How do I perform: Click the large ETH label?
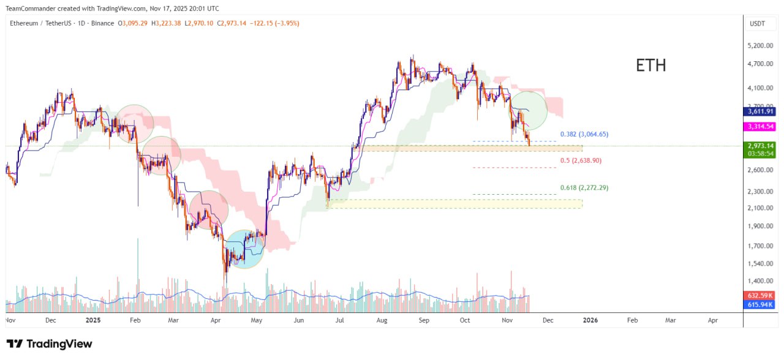coord(650,66)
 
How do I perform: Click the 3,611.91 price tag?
coord(760,111)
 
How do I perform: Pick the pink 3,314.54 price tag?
coord(760,126)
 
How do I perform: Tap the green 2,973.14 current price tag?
coord(760,146)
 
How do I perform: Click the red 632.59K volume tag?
coord(760,295)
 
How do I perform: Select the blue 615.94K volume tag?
coord(760,304)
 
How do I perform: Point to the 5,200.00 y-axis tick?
coord(760,46)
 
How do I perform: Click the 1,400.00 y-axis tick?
coord(760,281)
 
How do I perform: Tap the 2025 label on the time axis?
coord(93,320)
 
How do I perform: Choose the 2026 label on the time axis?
coord(590,320)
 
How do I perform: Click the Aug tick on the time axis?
coord(382,320)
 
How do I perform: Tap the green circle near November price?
coord(527,110)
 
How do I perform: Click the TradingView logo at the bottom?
coord(50,343)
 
